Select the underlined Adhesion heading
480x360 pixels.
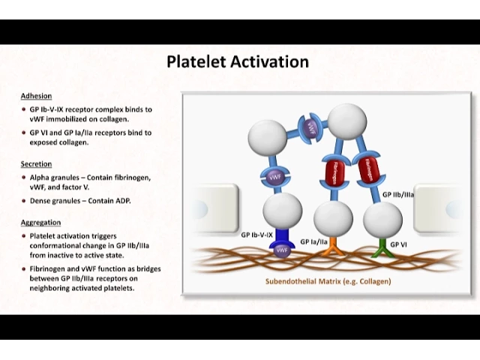[x=36, y=96]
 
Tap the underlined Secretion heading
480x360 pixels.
[x=37, y=163]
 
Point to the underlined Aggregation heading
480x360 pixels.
[x=41, y=222]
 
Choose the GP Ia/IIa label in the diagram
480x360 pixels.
[x=314, y=241]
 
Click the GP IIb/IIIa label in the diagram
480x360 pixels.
[x=398, y=194]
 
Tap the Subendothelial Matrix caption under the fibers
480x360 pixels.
[x=328, y=281]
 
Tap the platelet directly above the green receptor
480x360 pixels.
[x=382, y=217]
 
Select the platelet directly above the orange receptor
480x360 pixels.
[x=333, y=217]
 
